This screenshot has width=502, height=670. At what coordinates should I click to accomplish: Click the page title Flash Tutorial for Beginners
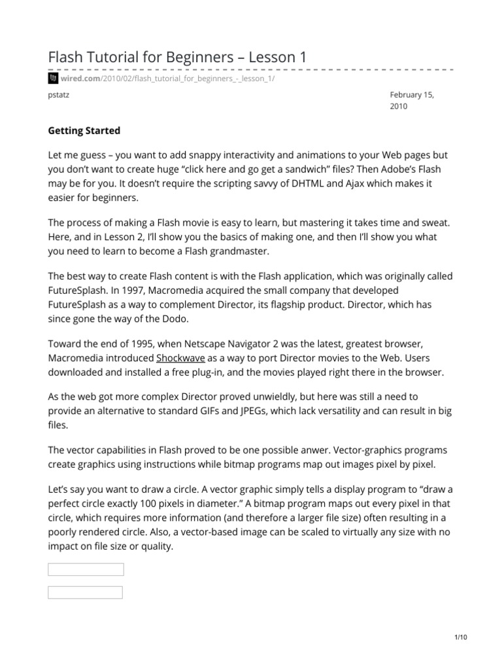point(177,58)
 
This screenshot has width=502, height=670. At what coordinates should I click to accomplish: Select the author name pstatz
point(59,94)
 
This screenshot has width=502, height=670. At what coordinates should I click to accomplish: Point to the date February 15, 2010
point(411,100)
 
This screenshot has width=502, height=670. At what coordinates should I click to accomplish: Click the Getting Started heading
point(84,130)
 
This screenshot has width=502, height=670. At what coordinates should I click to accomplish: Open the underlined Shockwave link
point(180,359)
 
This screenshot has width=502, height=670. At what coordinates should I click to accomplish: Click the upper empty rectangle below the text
point(86,569)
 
